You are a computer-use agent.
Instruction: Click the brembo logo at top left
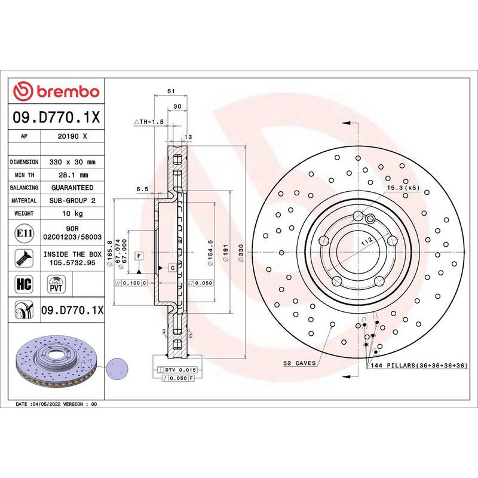56,91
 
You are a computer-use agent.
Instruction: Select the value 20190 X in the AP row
72,136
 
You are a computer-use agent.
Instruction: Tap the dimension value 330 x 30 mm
72,162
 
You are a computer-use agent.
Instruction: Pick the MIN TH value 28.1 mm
72,175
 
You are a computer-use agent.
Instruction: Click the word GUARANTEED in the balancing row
72,188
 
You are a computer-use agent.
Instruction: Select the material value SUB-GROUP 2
72,201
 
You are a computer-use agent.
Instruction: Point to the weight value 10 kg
72,213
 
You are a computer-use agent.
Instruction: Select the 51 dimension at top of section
170,91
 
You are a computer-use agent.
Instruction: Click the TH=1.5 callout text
149,122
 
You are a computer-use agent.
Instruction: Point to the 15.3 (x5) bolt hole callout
403,188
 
